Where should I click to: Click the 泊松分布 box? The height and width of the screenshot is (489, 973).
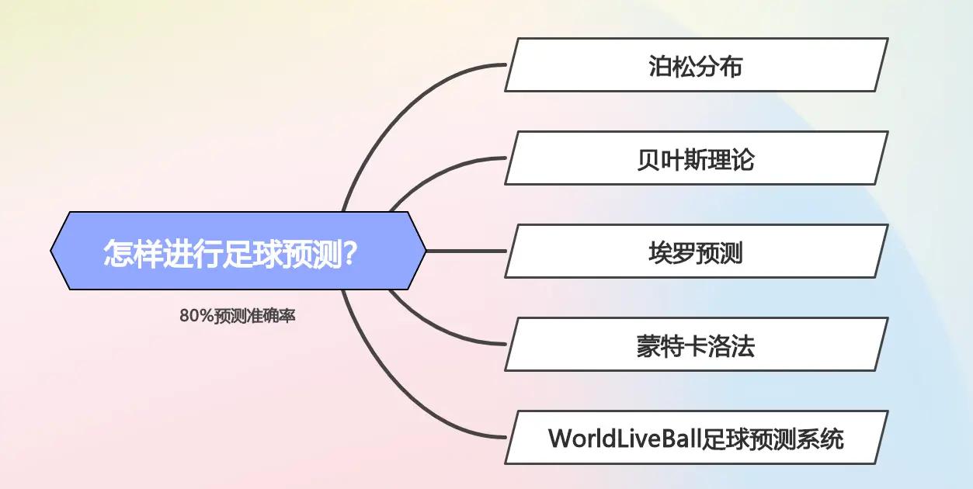[x=696, y=65]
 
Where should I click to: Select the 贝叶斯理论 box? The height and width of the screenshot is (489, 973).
[x=696, y=158]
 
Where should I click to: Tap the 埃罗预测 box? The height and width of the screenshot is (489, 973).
[x=696, y=251]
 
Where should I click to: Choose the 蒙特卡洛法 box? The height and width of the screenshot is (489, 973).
[x=696, y=345]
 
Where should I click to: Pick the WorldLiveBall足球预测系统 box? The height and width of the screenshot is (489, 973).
[x=696, y=438]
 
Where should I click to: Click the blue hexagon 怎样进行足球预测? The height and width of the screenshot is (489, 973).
[x=238, y=251]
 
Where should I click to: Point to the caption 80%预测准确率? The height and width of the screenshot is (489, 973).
[x=237, y=317]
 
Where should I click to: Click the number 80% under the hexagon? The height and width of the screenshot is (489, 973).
[x=191, y=317]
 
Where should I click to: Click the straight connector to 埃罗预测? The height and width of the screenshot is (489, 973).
[x=466, y=251]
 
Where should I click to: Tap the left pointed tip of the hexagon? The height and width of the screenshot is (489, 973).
[x=53, y=251]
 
